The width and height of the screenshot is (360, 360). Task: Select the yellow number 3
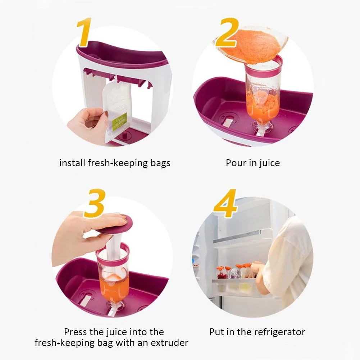(x=95, y=203)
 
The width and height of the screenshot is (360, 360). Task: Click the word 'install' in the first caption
(x=72, y=163)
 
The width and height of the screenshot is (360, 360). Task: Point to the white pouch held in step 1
(x=115, y=110)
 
